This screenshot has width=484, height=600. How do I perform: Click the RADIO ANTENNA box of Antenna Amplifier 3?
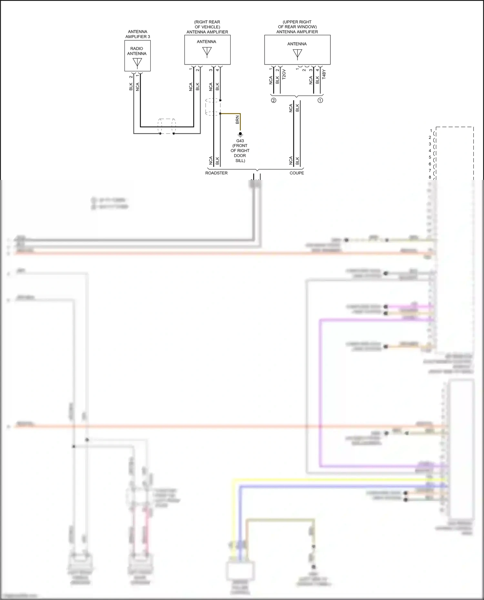tap(137, 56)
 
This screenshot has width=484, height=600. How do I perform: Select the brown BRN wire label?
tap(237, 120)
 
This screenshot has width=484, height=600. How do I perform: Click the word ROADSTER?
tap(216, 173)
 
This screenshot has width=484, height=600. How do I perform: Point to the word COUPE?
tap(297, 173)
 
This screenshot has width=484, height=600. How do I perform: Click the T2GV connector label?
tap(284, 74)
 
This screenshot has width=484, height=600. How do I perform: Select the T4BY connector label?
tap(324, 74)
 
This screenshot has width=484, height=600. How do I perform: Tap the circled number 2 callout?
tap(274, 100)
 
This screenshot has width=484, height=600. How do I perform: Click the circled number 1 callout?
tap(320, 100)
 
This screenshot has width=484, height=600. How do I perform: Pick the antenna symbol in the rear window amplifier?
tap(297, 54)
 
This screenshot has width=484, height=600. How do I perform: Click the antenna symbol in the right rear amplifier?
tap(207, 52)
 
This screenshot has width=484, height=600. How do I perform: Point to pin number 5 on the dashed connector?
tap(430, 157)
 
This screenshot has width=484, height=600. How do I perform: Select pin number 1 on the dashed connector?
tap(431, 131)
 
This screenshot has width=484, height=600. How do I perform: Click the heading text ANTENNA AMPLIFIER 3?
tap(138, 34)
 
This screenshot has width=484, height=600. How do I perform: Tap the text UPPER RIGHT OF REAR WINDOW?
tap(297, 25)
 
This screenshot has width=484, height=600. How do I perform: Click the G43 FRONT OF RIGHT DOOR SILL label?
tap(240, 151)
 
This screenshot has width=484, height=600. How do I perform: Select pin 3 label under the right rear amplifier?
tap(211, 70)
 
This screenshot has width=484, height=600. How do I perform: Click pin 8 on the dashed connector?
tap(430, 177)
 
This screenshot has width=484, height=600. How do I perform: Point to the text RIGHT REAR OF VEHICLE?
tap(207, 25)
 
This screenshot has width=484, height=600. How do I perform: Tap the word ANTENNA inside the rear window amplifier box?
tap(297, 44)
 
